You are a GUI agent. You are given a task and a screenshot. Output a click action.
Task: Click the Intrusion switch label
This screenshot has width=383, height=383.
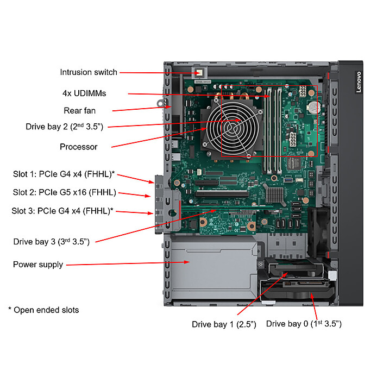coord(89,72)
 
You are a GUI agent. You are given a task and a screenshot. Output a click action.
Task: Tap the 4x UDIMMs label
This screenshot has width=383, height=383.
coord(84,93)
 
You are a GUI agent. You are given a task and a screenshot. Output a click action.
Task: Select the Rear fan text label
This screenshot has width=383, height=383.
coord(80,111)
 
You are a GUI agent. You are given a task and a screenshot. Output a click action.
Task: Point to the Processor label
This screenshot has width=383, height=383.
coord(79,147)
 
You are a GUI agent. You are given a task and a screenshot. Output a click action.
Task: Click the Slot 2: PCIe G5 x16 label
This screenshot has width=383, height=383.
coord(65,192)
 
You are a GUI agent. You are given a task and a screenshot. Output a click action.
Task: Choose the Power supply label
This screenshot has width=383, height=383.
coord(38,265)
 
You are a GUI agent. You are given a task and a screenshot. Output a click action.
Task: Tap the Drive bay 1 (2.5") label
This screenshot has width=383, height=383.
coord(224,324)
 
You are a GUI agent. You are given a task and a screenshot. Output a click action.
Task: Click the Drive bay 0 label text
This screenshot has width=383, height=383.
coord(304,324)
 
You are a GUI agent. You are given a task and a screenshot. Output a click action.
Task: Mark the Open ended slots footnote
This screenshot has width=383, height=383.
coord(43,310)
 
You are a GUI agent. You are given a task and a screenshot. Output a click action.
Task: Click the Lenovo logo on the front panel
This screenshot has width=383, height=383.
coord(359,82)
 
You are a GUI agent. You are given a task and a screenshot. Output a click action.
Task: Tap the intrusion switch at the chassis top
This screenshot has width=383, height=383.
coord(199,73)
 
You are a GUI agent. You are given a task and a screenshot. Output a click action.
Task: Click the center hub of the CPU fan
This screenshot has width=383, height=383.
coord(233,127)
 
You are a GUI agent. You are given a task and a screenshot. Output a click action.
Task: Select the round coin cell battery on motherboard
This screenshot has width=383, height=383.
coord(314,107)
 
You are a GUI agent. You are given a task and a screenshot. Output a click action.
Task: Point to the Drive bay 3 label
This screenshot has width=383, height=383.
coord(52,242)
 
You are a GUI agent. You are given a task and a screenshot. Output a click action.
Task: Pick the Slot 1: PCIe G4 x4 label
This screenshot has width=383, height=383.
coord(64,174)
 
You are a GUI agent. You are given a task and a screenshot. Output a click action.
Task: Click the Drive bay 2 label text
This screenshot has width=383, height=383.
coord(65,127)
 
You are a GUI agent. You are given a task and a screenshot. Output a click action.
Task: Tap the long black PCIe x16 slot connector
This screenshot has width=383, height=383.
coord(222,194)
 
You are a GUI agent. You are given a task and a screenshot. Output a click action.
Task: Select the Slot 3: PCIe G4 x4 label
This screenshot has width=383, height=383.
coord(62,211)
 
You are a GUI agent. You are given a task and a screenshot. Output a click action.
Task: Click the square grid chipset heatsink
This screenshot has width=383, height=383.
coord(274,195)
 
